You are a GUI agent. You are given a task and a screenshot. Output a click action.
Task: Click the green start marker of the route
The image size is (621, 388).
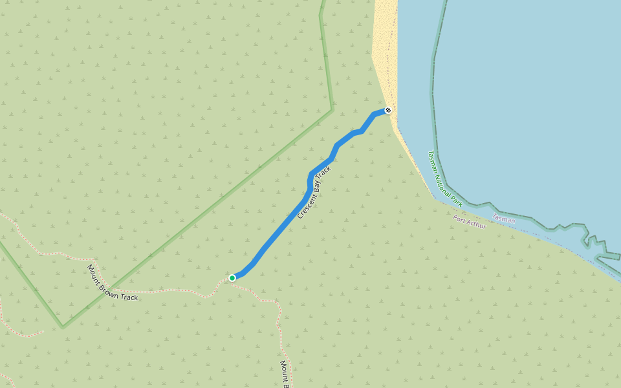coord(232,278)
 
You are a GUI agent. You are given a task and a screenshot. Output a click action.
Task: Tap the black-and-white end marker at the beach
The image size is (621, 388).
coord(388,110)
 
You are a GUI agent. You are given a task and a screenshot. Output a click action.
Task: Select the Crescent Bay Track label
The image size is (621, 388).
coord(314,192)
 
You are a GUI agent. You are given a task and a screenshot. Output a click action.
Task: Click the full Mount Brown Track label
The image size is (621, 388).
coord(113,283)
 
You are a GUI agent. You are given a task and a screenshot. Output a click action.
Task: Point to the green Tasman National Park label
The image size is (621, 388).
coord(444,179)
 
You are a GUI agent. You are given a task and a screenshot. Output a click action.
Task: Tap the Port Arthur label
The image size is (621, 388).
coord(470,222)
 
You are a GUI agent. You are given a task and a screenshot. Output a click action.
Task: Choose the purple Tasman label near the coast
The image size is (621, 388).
coord(504,219)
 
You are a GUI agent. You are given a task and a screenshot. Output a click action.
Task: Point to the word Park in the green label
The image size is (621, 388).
coord(457,201)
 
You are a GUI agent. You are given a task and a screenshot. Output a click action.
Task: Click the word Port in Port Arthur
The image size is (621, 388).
coord(460,219)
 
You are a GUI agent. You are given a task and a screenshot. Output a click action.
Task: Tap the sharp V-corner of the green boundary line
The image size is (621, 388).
coord(63,327)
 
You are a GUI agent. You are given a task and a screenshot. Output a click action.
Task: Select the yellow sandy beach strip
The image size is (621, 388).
coord(385,52)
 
